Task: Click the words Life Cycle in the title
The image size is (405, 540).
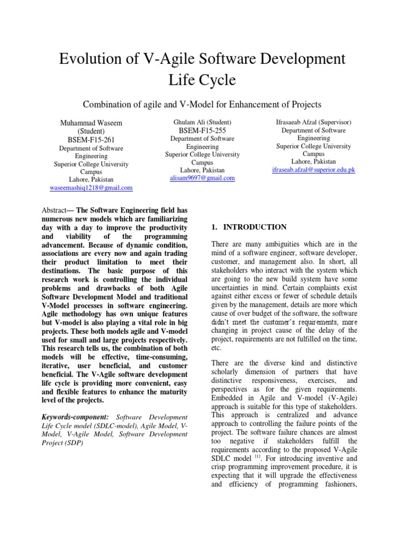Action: click(x=202, y=80)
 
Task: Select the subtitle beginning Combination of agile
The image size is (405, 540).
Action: click(x=202, y=104)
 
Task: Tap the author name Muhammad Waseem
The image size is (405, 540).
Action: click(x=91, y=122)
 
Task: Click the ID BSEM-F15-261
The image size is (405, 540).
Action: click(x=91, y=140)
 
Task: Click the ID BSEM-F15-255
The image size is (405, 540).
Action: click(x=202, y=130)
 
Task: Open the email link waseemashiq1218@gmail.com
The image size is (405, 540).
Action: click(x=91, y=187)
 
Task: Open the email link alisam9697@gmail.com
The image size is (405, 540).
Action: click(x=202, y=178)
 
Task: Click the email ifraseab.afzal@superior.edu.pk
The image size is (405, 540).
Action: click(x=313, y=169)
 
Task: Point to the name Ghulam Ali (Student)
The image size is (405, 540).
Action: click(x=202, y=122)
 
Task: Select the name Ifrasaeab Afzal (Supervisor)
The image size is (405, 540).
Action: click(x=313, y=122)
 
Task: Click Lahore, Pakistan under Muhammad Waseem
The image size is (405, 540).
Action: click(x=91, y=179)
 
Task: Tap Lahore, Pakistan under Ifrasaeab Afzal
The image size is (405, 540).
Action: click(x=313, y=161)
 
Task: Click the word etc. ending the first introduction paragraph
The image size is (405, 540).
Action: click(x=216, y=348)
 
